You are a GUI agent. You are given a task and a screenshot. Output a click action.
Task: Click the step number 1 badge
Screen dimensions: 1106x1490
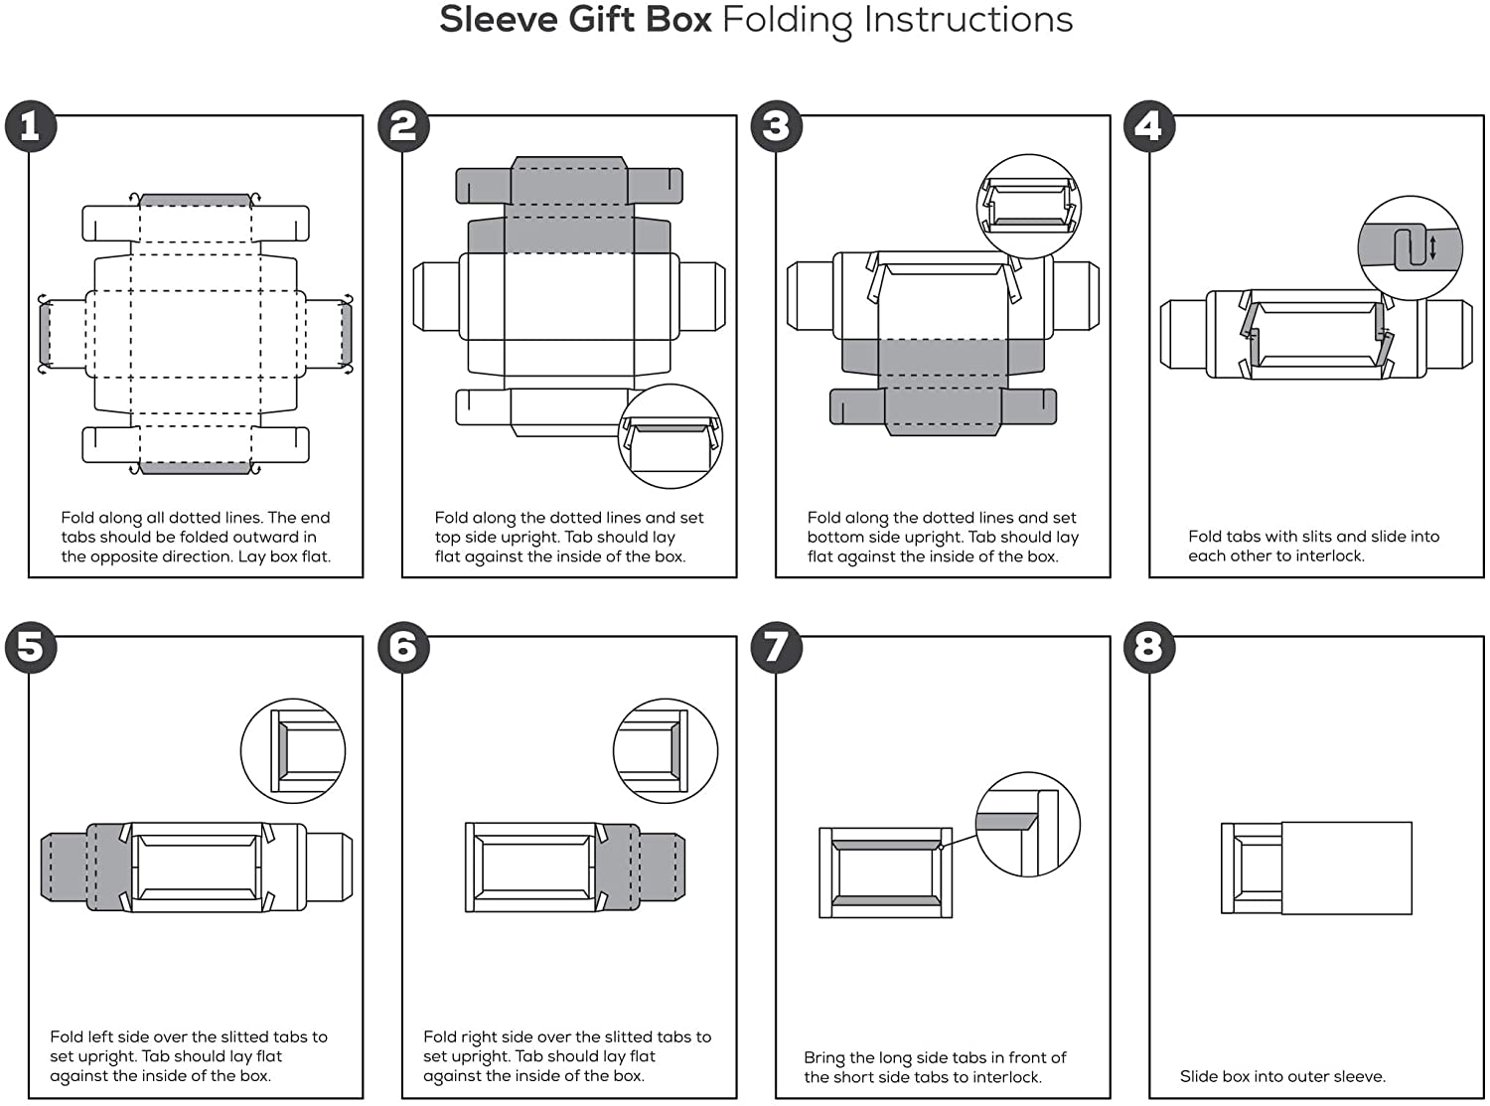[x=31, y=126]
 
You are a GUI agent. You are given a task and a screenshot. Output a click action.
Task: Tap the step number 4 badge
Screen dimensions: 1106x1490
[x=1148, y=126]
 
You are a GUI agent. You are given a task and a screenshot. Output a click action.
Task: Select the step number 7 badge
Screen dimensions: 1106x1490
[x=776, y=647]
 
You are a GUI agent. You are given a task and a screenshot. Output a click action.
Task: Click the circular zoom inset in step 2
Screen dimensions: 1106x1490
[x=670, y=436]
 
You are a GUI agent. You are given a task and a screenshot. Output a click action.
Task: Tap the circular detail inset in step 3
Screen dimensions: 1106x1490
[x=1029, y=207]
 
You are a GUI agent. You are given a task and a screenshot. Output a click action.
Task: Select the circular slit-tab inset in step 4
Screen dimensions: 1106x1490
[x=1410, y=247]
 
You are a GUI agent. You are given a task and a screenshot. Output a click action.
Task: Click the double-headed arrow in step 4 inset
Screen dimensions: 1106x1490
[x=1432, y=247]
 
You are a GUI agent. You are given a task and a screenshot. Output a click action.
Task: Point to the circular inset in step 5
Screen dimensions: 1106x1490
[x=293, y=750]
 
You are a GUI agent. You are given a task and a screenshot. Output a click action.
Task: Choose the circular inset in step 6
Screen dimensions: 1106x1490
[x=666, y=750]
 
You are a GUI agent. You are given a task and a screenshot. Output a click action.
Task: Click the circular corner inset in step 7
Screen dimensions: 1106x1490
[x=1027, y=826]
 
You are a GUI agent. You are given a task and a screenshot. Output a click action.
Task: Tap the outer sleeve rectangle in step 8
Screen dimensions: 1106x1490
[x=1347, y=868]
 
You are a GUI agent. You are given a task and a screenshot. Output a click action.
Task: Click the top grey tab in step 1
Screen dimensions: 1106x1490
[x=195, y=200]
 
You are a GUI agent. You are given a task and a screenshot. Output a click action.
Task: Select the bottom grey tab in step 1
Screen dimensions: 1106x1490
[x=195, y=467]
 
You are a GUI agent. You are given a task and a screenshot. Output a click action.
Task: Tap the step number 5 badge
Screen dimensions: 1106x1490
[x=31, y=647]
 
